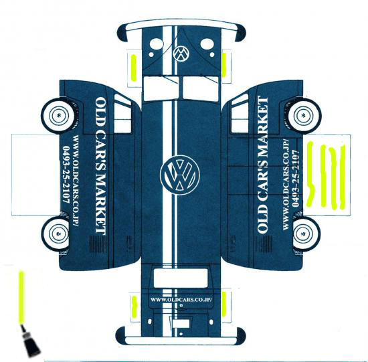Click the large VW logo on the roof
click(x=180, y=175)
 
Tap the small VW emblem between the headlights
click(x=181, y=54)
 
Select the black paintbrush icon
click(x=31, y=341)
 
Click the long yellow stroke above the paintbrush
click(x=21, y=298)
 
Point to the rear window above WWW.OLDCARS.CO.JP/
click(x=181, y=278)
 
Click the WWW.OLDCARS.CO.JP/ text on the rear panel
click(x=181, y=300)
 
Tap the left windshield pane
click(x=161, y=88)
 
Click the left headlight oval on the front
click(x=157, y=44)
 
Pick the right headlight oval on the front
click(x=207, y=44)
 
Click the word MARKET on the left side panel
click(x=101, y=203)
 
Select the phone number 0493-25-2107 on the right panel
click(x=296, y=179)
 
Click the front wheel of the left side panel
click(x=58, y=116)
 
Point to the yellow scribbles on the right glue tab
click(x=327, y=175)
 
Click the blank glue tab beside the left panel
click(x=35, y=175)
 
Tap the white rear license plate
click(x=181, y=324)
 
